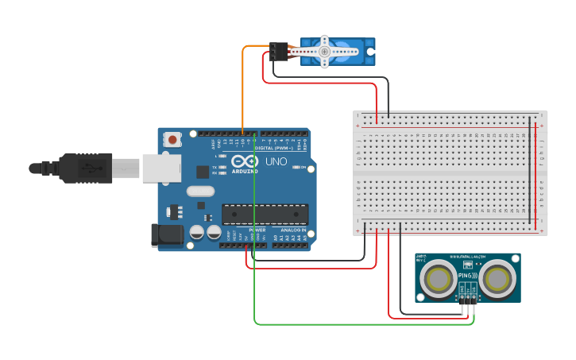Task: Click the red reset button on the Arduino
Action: [x=172, y=140]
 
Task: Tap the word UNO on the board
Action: [x=275, y=161]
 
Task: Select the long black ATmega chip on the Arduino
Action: [x=265, y=214]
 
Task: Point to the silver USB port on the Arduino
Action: [x=161, y=168]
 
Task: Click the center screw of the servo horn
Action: [x=324, y=52]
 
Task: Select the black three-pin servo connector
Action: [x=278, y=52]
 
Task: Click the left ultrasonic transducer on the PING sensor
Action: [x=439, y=279]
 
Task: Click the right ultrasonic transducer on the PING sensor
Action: [x=497, y=279]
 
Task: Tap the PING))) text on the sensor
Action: [x=467, y=276]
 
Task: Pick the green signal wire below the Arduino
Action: [x=358, y=323]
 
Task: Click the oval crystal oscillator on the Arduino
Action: [x=201, y=191]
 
